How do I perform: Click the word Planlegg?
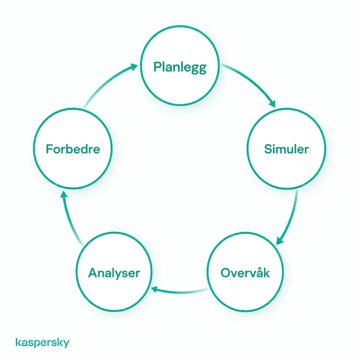(180, 67)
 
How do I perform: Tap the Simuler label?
(286, 149)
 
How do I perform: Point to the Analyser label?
(114, 273)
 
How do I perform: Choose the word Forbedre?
(73, 149)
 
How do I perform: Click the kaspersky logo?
(43, 342)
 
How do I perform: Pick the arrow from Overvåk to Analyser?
(180, 292)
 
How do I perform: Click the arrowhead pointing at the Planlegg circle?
(134, 67)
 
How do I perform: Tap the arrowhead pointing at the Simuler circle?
(272, 104)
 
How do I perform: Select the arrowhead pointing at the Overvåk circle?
(279, 241)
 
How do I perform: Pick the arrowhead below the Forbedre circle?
(64, 194)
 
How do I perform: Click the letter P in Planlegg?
(157, 66)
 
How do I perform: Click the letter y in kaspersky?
(66, 344)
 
